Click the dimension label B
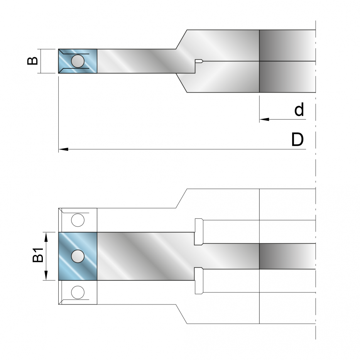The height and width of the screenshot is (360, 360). point(32,61)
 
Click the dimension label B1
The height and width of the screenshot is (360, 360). point(38,255)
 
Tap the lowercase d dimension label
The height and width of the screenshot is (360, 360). point(299,109)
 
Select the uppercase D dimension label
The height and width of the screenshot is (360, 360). point(297,139)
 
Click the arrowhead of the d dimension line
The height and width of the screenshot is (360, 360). point(264,119)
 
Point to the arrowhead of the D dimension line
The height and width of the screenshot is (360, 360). point(63,149)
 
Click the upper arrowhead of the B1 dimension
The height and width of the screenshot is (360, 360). point(46,237)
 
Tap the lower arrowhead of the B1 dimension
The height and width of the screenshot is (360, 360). point(46,275)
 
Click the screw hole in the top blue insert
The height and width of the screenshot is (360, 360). point(78,61)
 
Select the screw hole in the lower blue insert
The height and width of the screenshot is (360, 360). point(78,256)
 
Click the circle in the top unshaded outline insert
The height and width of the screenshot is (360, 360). point(78,220)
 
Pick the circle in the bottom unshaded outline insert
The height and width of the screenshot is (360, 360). point(78,292)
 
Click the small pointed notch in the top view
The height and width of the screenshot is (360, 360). point(199,61)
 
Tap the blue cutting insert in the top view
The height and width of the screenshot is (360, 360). point(78,61)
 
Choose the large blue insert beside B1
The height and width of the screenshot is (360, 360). point(78,256)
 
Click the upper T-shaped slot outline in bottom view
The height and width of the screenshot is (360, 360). point(199,232)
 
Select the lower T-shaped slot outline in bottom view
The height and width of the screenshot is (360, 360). point(199,281)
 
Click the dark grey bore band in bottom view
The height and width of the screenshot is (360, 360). point(287,256)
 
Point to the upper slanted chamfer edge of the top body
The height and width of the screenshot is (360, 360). point(181,39)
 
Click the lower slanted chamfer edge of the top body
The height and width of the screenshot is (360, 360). point(181,83)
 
